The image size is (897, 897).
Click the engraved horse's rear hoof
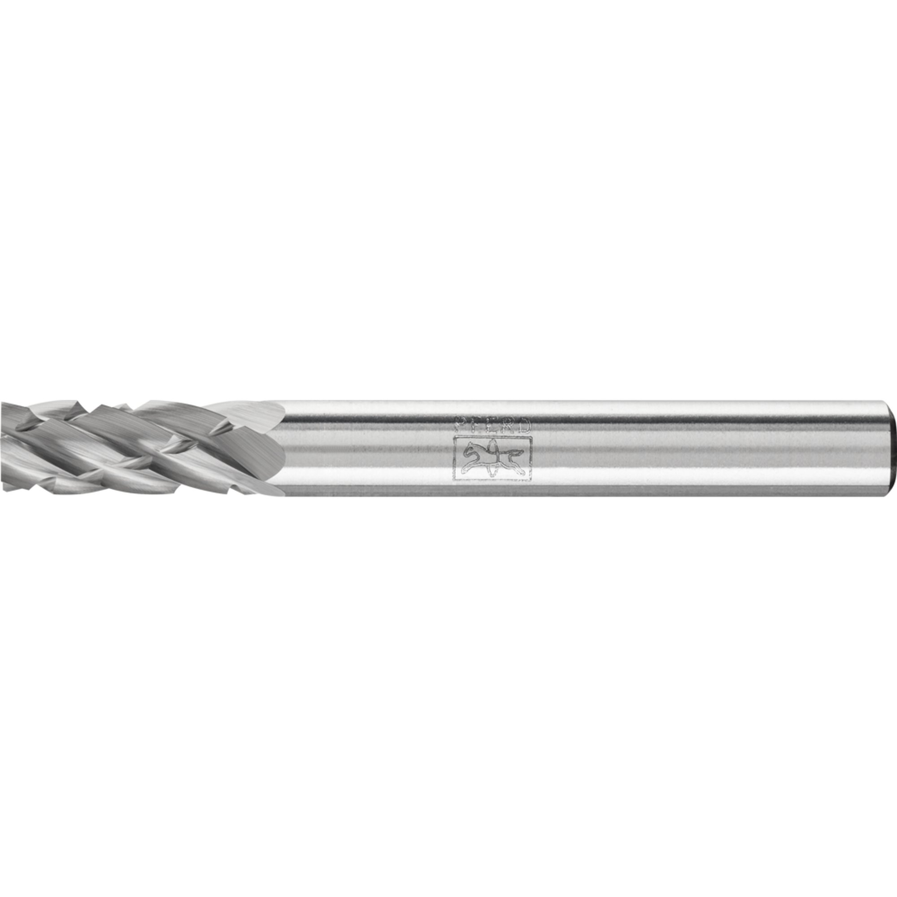(523, 474)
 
